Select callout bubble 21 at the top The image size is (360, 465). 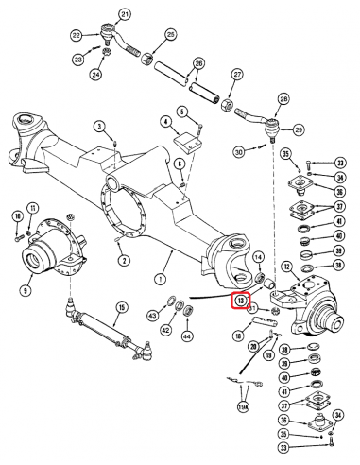coord(124,14)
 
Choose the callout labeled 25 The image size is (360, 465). coord(170,35)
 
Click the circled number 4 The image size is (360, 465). coord(165,121)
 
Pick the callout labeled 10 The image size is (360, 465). coord(17,217)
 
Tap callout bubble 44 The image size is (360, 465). coord(187,336)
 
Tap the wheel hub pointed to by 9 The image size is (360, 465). coord(43,255)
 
